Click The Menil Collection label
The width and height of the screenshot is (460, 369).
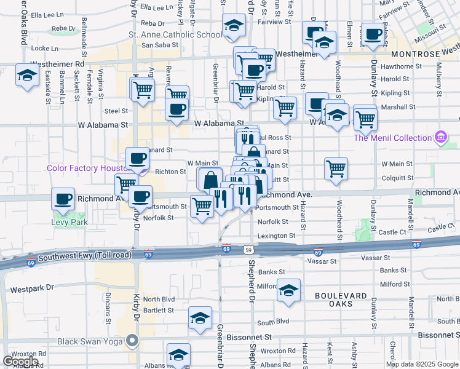point(392,138)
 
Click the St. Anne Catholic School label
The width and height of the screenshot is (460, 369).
point(175,34)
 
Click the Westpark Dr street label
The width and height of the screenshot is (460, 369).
point(32,288)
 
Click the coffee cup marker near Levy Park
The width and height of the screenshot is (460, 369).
point(63,199)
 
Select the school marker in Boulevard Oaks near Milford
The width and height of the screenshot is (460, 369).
point(288,292)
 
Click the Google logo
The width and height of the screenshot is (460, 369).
point(21,362)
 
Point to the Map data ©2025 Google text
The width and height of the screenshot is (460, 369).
point(421,364)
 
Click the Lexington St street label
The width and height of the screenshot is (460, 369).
point(276,236)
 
